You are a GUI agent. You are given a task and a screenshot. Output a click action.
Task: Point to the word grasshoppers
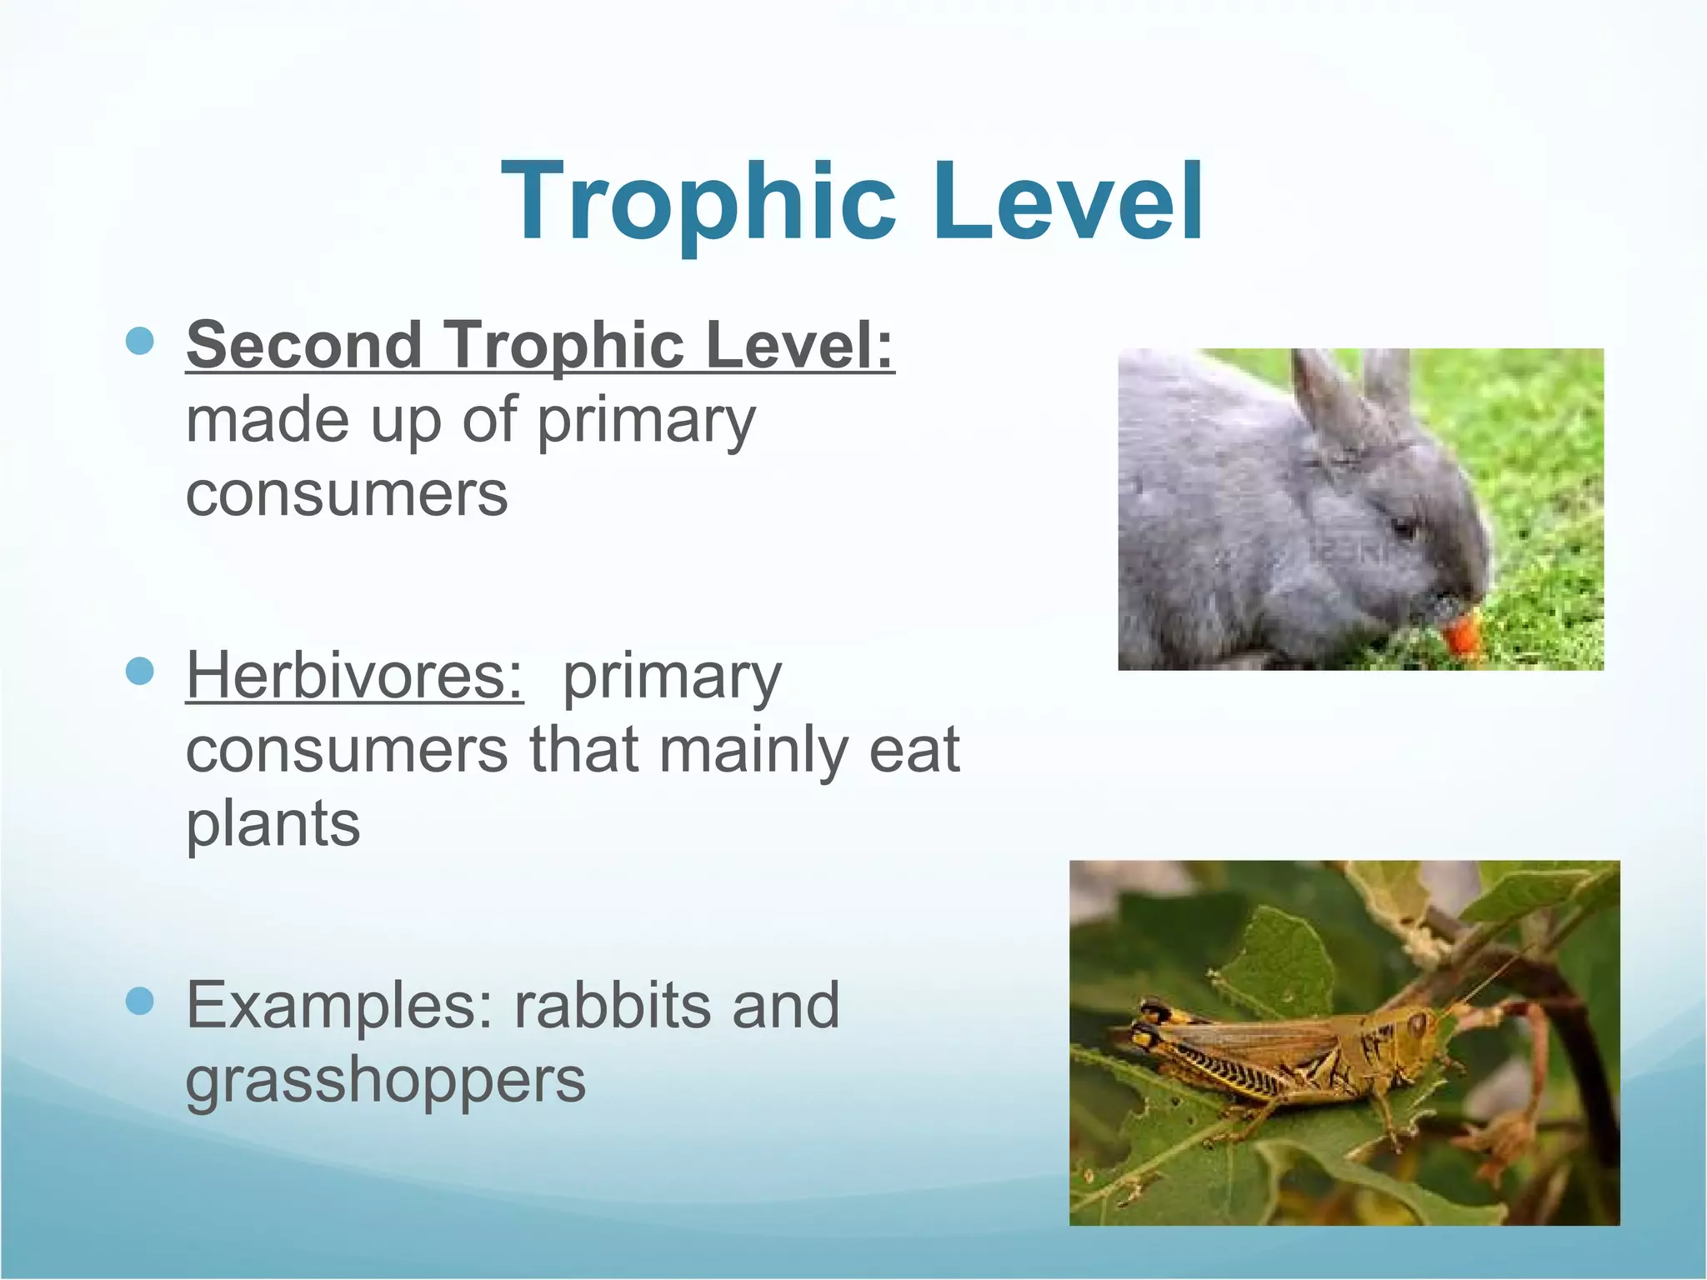[385, 1081]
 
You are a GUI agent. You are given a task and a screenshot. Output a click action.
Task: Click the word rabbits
[612, 1006]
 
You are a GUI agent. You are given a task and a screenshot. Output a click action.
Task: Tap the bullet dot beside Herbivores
[140, 670]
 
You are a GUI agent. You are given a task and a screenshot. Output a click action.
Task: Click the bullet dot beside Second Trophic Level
[140, 341]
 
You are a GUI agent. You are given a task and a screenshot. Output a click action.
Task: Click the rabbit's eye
[1404, 528]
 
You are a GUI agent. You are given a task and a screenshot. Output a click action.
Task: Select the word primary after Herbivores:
[672, 677]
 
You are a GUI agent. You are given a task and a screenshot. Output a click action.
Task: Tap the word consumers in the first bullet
[346, 494]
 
